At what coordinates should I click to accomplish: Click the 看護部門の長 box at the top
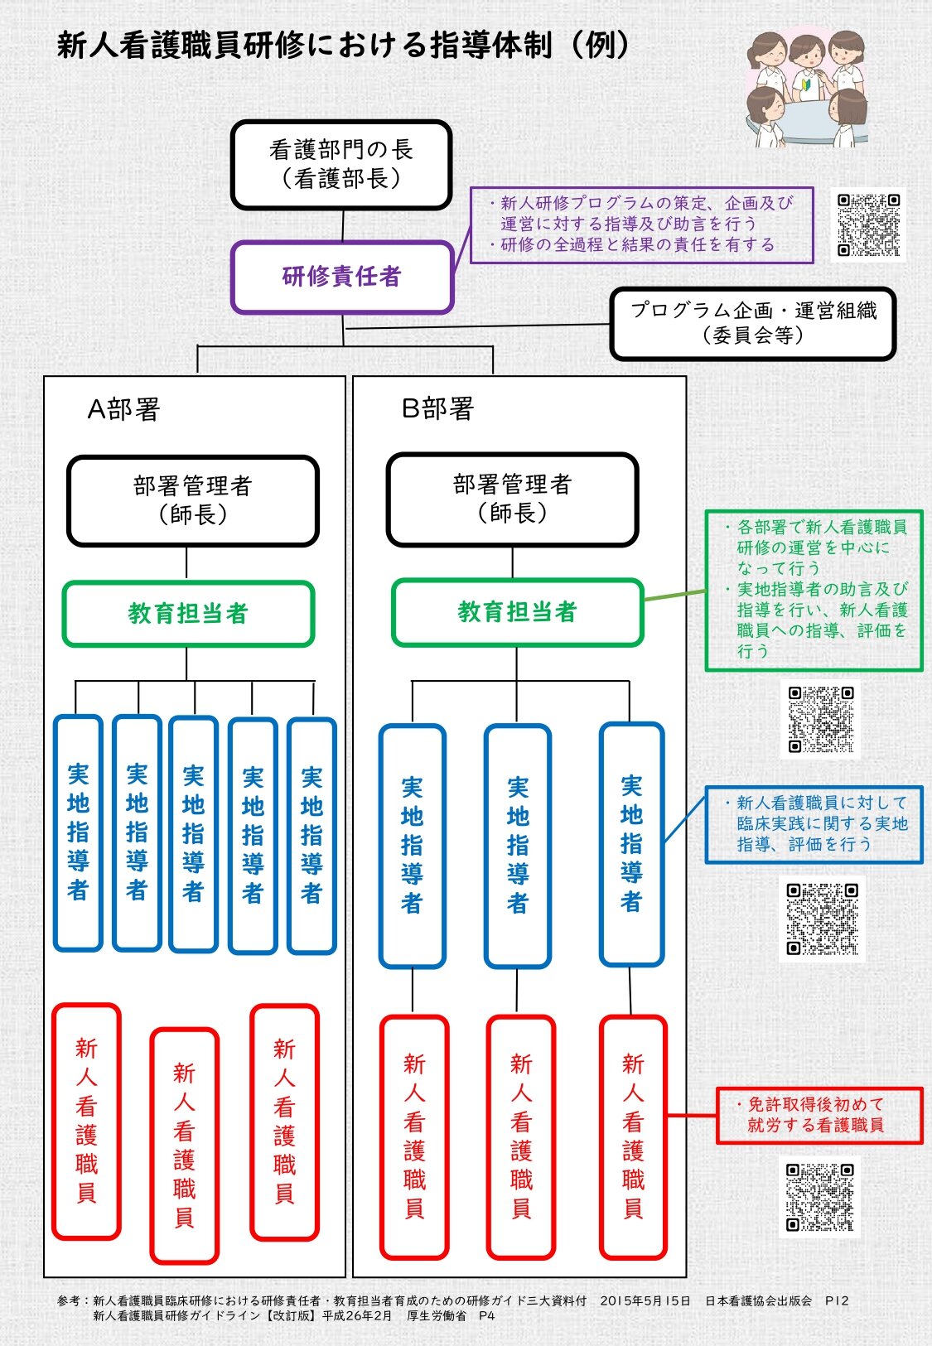[x=341, y=164]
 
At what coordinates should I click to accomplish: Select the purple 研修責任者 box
[x=341, y=277]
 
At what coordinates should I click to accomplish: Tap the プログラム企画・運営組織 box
[x=752, y=323]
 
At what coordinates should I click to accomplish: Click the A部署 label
[x=123, y=409]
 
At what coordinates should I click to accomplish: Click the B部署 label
[x=437, y=408]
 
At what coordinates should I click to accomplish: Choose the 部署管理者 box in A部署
[x=192, y=500]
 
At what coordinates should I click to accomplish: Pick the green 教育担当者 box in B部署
[x=517, y=612]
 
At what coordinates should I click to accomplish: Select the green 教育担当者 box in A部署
[x=188, y=614]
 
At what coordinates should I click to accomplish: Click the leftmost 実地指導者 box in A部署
[x=78, y=832]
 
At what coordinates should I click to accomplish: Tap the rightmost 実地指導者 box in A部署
[x=311, y=835]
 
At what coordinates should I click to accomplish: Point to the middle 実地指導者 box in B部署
[x=518, y=845]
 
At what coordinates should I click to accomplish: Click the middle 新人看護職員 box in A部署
[x=184, y=1145]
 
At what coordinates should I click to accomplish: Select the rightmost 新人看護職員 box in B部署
[x=633, y=1136]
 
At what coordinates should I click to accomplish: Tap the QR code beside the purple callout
[x=868, y=225]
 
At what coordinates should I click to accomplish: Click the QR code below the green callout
[x=821, y=718]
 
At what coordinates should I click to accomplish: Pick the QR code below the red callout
[x=819, y=1197]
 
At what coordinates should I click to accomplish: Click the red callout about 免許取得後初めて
[x=819, y=1115]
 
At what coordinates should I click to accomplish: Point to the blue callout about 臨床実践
[x=814, y=824]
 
